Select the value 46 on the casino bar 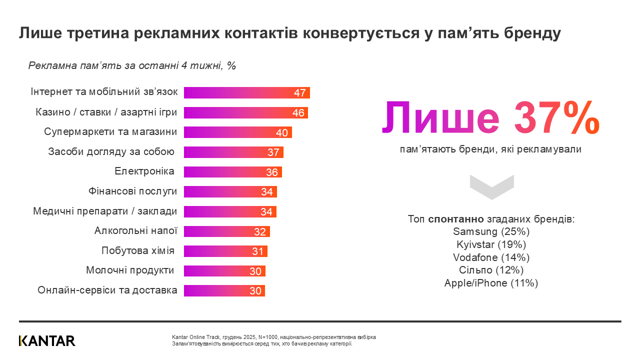pos(298,113)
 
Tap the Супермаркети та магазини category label pos(110,132)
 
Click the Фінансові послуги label pos(132,191)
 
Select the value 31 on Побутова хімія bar pos(257,251)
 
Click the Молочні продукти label pos(130,270)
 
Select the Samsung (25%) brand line pos(491,232)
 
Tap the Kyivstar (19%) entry pos(491,245)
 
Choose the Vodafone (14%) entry pos(491,257)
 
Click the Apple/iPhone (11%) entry pos(491,283)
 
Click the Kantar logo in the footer pos(47,341)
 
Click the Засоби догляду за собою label pos(111,151)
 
